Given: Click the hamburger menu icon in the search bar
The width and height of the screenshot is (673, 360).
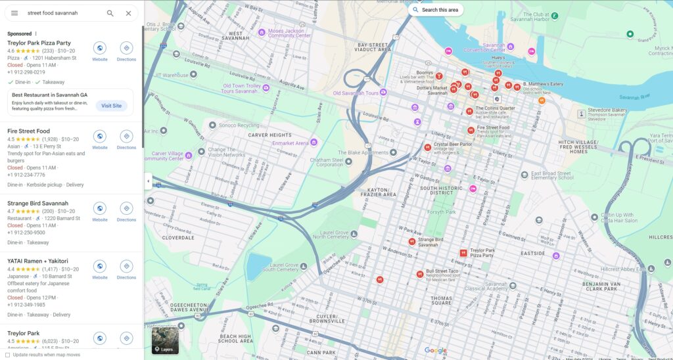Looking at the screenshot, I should pyautogui.click(x=14, y=13).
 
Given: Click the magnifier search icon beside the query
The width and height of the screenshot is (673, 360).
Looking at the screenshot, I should pyautogui.click(x=110, y=13).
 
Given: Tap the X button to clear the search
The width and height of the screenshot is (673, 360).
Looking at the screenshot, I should pyautogui.click(x=128, y=13).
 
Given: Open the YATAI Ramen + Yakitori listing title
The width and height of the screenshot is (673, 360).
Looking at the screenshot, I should pyautogui.click(x=37, y=261).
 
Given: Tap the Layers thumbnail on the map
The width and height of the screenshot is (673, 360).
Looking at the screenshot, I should pyautogui.click(x=165, y=340).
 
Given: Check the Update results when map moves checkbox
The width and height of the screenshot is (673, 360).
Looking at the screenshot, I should pyautogui.click(x=8, y=355).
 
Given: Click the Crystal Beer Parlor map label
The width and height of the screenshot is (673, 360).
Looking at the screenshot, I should pyautogui.click(x=452, y=145).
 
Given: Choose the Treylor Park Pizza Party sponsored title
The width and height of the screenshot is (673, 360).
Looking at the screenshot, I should pyautogui.click(x=39, y=43).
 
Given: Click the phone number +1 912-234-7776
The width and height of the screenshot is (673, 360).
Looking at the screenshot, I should pyautogui.click(x=26, y=175).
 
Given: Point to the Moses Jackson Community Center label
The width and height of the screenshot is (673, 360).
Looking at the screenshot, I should pyautogui.click(x=289, y=33).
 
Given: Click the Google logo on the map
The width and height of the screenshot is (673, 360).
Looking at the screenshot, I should pyautogui.click(x=435, y=351).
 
